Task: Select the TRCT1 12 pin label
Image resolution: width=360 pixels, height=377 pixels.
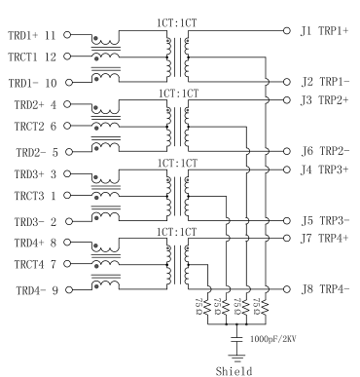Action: coord(32,57)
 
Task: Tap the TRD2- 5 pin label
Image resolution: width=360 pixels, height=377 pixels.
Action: coord(32,151)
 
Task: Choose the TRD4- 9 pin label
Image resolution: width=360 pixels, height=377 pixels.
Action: coord(32,288)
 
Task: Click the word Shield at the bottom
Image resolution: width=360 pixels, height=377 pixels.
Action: coord(235,369)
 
